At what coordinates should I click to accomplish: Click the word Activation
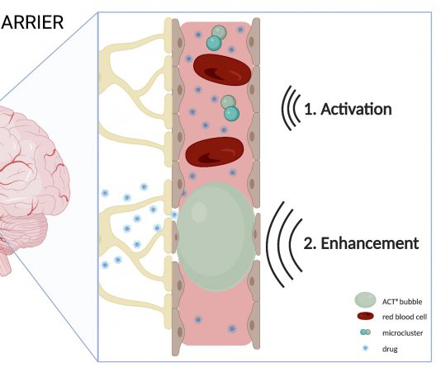[356, 109]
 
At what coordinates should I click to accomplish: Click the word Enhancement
[370, 243]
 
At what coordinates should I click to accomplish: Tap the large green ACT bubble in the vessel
[216, 237]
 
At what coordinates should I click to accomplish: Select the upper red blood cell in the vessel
[222, 70]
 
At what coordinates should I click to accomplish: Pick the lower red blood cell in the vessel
[215, 152]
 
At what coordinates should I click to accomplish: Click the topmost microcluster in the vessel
[216, 38]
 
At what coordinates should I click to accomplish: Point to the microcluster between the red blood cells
[230, 108]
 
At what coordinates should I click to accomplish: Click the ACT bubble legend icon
[365, 300]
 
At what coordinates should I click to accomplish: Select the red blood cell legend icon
[365, 316]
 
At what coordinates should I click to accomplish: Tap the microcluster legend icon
[365, 332]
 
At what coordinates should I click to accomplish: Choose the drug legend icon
[365, 348]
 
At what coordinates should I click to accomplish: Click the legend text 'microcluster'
[402, 333]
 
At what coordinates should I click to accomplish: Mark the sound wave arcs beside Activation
[291, 108]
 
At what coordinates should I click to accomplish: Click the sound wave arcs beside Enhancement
[283, 244]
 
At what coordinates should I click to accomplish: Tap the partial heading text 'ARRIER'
[32, 22]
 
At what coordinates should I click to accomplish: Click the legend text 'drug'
[390, 350]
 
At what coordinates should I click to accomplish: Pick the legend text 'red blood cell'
[405, 317]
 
